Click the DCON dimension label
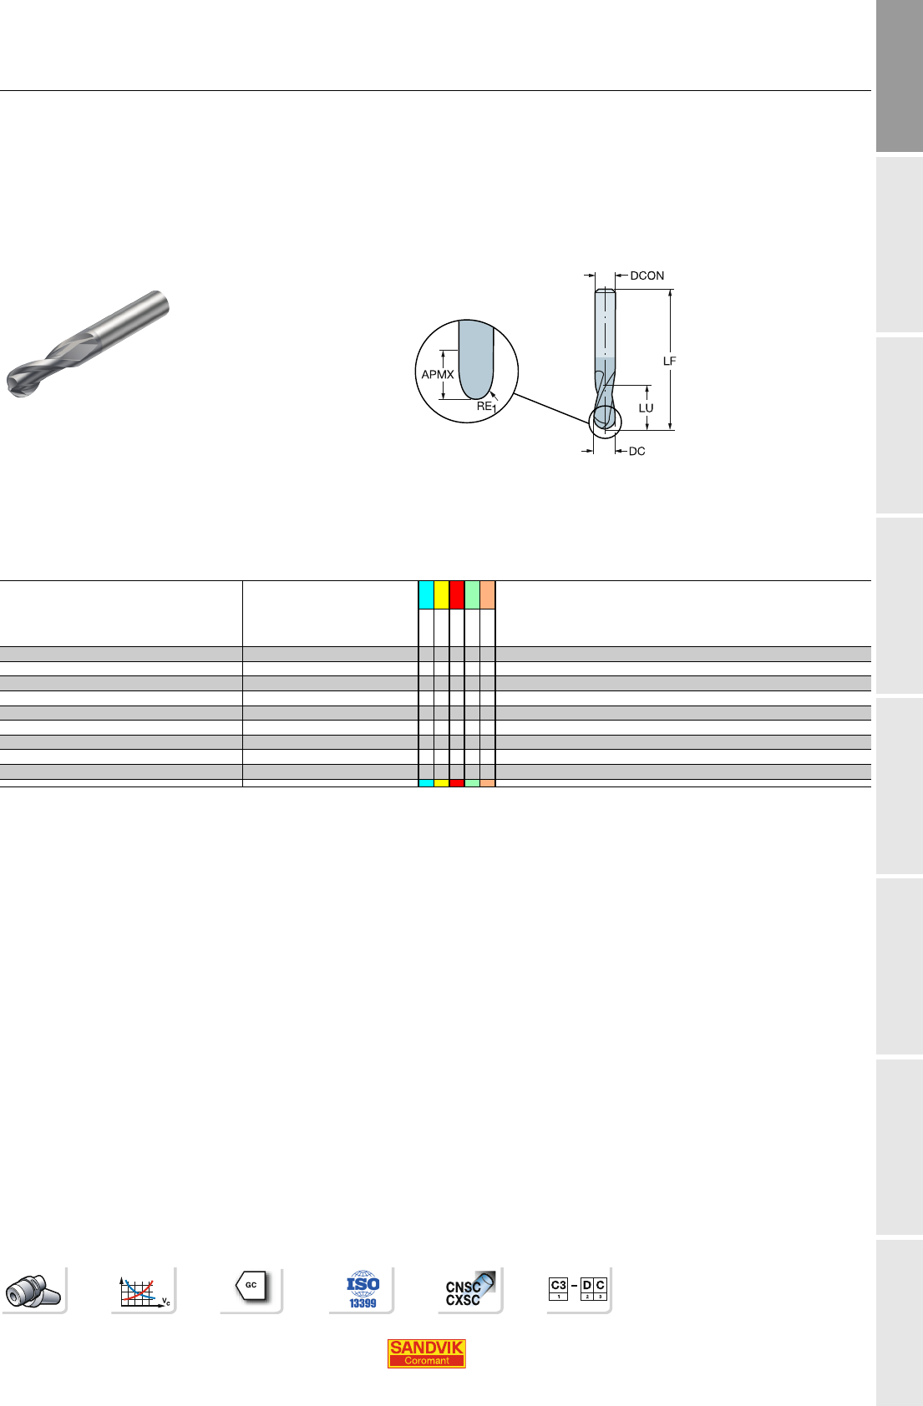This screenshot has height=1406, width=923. pos(647,276)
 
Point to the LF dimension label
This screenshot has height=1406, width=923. pos(669,361)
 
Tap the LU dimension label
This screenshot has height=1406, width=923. pos(647,408)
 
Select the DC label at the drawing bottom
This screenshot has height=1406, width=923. pos(636,452)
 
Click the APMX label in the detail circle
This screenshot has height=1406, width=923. pos(437,375)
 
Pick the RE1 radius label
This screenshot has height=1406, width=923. pos(486,407)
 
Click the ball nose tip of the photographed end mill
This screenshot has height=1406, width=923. pos(15,385)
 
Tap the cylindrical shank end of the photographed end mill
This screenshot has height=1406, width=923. pos(160,305)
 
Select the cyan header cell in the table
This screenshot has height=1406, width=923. pos(426,594)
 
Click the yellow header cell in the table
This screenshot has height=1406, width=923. pos(441,594)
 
